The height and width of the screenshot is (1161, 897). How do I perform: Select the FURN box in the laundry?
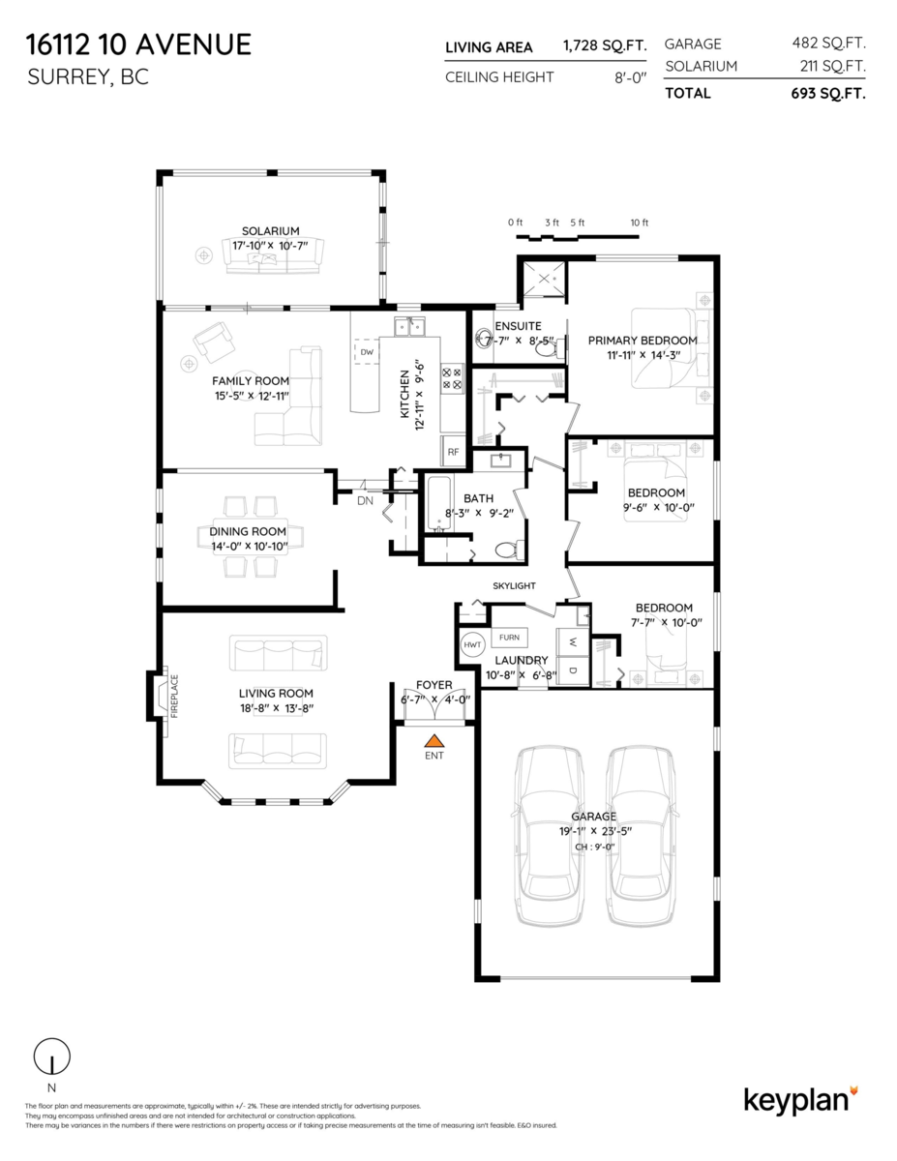508,638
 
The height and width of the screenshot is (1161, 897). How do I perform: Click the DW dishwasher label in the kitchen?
367,353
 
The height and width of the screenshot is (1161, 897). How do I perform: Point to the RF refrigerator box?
452,451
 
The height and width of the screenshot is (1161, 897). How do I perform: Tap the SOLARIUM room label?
270,230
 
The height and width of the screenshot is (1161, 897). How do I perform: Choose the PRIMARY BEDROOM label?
642,341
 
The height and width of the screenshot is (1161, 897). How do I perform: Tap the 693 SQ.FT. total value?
827,94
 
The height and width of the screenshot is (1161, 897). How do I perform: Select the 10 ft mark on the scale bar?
639,223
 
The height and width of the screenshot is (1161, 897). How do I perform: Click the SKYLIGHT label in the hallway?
514,586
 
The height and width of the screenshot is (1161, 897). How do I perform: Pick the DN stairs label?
365,501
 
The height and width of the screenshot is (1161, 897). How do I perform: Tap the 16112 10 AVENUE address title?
139,45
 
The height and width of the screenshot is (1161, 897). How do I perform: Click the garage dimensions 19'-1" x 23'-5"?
593,830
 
